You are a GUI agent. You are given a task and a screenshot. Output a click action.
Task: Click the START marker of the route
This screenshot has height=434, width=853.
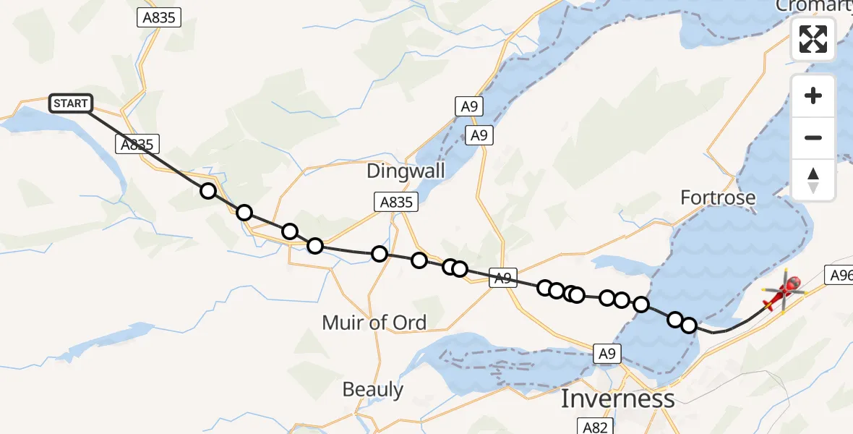click(70, 103)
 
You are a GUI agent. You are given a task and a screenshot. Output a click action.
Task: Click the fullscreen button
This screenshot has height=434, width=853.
click(813, 39)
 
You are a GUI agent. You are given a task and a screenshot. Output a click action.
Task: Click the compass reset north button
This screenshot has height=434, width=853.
click(813, 179)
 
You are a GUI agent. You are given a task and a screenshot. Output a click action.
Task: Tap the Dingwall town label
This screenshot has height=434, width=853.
click(406, 171)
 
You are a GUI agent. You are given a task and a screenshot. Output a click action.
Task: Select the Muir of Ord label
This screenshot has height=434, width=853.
click(374, 323)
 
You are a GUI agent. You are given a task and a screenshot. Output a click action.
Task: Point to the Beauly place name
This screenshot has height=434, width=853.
click(373, 390)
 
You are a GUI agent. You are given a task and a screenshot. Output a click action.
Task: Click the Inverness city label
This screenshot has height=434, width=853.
click(618, 399)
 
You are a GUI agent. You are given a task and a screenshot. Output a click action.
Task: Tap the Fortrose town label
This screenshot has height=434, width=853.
click(719, 197)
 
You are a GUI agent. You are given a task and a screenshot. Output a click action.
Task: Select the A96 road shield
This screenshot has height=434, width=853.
click(839, 274)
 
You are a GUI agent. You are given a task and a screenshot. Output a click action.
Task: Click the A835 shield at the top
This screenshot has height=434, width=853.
click(159, 18)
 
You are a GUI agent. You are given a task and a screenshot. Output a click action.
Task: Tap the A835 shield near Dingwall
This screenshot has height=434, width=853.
click(397, 203)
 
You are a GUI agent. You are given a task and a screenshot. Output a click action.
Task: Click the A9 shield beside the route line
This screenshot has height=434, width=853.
click(504, 278)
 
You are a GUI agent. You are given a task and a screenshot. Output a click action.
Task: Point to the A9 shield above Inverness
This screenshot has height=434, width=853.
click(607, 354)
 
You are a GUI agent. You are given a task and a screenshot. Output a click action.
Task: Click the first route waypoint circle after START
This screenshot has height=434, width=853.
click(208, 191)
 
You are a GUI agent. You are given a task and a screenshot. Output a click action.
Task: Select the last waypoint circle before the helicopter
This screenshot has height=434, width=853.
click(688, 325)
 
